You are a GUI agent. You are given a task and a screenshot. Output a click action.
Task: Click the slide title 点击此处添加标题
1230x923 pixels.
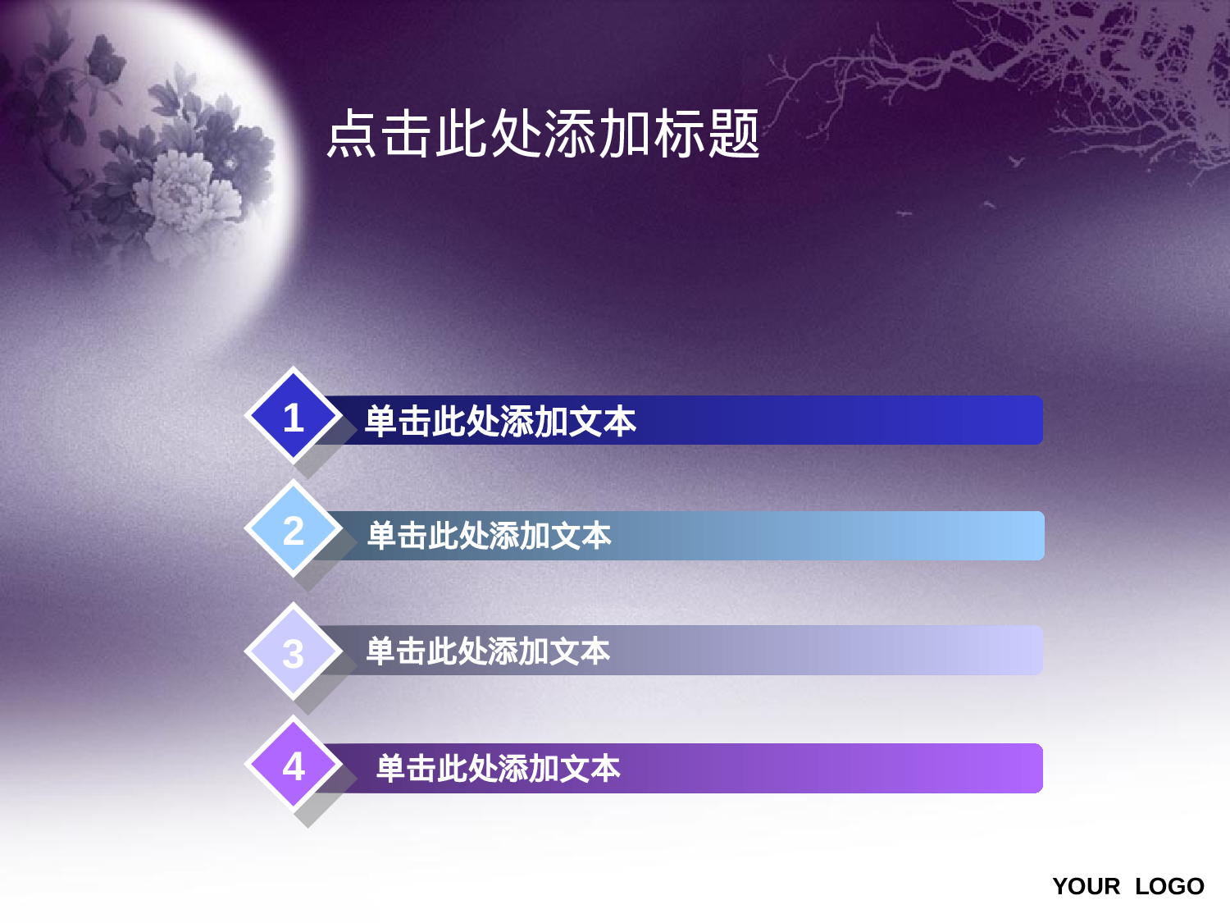pos(543,134)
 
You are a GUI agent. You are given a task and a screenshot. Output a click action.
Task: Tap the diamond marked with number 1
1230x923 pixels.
pos(294,417)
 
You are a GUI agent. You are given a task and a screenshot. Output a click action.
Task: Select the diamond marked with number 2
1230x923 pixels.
pos(294,530)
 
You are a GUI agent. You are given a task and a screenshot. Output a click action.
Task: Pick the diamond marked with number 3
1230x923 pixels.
pos(294,652)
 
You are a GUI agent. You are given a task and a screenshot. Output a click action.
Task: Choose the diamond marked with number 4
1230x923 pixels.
pos(294,765)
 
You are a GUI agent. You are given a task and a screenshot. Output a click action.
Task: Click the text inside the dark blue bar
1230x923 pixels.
pos(500,422)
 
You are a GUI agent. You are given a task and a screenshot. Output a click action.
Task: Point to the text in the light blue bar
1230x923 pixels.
pos(490,536)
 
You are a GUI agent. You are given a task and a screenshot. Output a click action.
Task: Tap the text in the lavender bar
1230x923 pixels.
pos(488,651)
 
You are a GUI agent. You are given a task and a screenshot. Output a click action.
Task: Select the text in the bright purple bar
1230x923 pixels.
pos(498,769)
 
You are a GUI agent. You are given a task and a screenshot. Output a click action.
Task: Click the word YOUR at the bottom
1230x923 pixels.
pos(1086,887)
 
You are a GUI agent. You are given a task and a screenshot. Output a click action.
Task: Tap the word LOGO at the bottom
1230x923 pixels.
pos(1169,887)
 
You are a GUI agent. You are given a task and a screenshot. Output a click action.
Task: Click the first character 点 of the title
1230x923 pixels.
pos(353,134)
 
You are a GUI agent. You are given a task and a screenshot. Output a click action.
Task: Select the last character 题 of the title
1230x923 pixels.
pos(735,134)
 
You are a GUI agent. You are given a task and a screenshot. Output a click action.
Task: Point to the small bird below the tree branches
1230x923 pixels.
pos(1017,162)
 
